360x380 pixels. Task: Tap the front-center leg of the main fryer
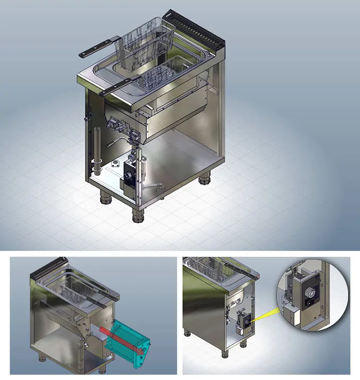[138, 214]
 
